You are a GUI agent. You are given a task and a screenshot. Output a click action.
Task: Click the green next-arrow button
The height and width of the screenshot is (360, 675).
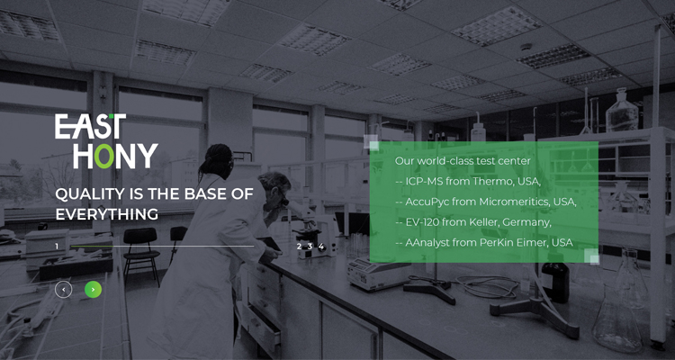click(x=93, y=290)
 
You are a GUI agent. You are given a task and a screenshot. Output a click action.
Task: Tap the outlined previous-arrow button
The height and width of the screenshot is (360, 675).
click(x=63, y=290)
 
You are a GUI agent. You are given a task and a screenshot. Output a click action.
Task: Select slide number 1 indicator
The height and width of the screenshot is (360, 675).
click(x=57, y=247)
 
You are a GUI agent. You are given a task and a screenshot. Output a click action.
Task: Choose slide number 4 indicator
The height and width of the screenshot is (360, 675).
click(x=320, y=247)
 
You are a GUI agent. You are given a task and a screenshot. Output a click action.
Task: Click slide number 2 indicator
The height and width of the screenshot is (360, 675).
click(x=299, y=247)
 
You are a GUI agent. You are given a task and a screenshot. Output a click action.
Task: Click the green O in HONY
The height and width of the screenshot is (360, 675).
click(x=104, y=156)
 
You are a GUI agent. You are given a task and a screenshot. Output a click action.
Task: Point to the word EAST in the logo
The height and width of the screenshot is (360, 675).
click(x=90, y=126)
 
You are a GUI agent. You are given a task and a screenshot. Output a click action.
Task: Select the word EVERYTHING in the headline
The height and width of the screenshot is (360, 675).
click(x=107, y=214)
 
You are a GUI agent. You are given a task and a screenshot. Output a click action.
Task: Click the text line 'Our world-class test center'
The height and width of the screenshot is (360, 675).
click(x=463, y=161)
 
